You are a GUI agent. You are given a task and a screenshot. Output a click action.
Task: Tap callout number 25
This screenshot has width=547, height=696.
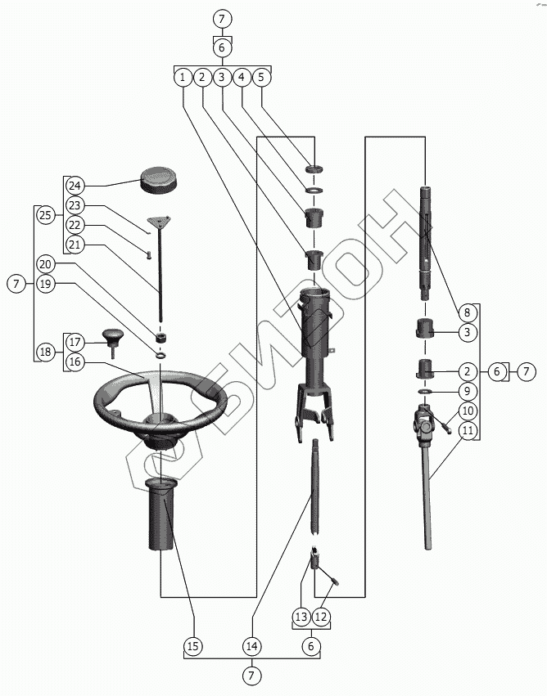point(45,216)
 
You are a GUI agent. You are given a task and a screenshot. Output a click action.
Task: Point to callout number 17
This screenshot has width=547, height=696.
point(75,341)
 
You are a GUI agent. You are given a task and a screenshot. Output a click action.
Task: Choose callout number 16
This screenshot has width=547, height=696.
point(75,361)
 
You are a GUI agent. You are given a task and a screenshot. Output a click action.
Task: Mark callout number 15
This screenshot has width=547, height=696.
point(193,646)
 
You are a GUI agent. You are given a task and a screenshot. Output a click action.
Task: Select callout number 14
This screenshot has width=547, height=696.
point(252,646)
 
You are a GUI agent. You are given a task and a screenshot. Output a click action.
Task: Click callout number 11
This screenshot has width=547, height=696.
point(468,430)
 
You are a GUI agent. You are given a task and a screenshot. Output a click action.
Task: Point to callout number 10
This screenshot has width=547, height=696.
point(468,411)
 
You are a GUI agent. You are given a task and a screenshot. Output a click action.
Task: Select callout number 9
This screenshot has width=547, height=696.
point(468,391)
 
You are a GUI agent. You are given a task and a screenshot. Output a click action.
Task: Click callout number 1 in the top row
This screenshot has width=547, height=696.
point(182,77)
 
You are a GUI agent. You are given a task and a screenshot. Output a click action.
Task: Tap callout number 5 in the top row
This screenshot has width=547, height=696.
point(260,77)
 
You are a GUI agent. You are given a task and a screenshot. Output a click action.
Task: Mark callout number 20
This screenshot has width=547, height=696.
point(45,264)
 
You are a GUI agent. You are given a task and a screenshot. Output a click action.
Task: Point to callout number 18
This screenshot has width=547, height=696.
point(45,352)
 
